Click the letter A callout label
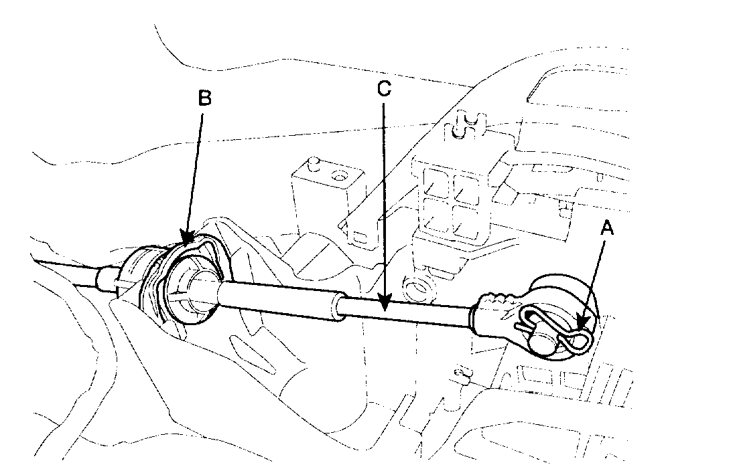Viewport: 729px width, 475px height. point(607,229)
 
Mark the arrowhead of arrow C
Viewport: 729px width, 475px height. point(384,307)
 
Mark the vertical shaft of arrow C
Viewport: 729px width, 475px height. point(384,201)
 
